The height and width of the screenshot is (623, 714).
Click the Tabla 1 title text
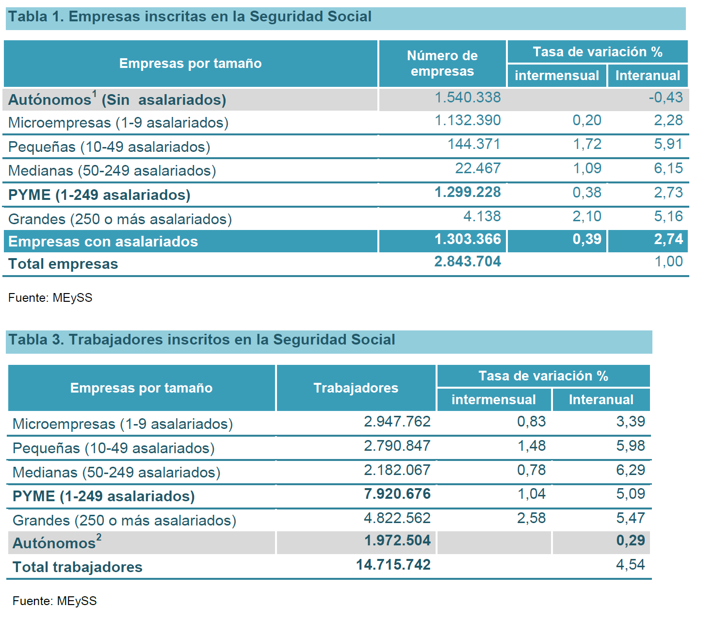(190, 17)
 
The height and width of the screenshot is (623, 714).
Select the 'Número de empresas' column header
(442, 63)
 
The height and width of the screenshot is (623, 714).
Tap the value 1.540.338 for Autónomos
(468, 98)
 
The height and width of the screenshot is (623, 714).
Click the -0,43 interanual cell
(665, 98)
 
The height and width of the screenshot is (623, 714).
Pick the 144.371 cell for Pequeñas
(474, 144)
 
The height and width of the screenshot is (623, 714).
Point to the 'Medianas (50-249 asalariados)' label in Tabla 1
(112, 171)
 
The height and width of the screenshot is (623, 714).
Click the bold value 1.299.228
(468, 192)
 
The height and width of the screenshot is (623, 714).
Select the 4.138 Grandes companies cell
(482, 216)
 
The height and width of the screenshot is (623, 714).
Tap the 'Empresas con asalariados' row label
(103, 242)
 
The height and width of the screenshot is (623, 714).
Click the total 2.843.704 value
(468, 262)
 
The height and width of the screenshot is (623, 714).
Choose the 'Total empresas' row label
(63, 264)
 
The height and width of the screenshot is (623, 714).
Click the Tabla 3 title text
(202, 340)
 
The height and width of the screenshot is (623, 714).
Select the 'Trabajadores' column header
(356, 388)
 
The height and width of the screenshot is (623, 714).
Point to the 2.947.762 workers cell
(397, 422)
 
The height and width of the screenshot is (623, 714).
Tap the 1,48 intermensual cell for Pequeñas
(532, 446)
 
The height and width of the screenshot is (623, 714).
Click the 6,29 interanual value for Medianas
(631, 470)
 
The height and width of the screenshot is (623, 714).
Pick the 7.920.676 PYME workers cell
(397, 494)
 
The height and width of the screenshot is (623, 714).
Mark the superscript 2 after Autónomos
(99, 537)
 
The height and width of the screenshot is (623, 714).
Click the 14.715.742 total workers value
(393, 565)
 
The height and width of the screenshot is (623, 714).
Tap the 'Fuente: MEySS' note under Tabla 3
(54, 601)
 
